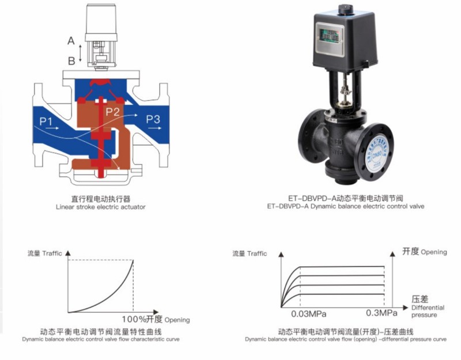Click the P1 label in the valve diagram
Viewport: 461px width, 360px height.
click(x=47, y=120)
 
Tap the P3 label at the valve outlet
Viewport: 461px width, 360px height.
click(x=153, y=119)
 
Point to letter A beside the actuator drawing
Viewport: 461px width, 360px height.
click(x=71, y=41)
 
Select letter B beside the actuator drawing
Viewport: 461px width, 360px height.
click(x=71, y=60)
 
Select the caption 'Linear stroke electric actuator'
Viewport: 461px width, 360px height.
click(x=100, y=207)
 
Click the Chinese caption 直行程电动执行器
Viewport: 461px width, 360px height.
click(x=100, y=198)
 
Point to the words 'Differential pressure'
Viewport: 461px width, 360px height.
click(x=428, y=312)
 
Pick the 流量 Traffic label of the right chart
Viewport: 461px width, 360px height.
click(x=249, y=253)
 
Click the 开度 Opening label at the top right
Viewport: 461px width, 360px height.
click(x=424, y=252)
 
